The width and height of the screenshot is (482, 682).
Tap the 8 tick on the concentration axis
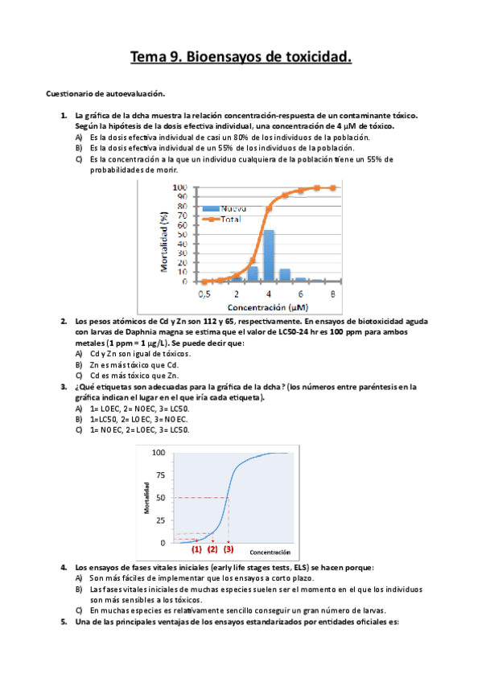(x=333, y=294)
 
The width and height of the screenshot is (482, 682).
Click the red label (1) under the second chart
(x=196, y=549)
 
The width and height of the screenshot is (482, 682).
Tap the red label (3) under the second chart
(x=229, y=549)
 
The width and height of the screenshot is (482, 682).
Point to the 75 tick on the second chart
(x=160, y=475)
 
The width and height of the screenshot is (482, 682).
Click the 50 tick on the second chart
(x=160, y=498)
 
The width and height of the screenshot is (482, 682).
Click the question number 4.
(x=64, y=568)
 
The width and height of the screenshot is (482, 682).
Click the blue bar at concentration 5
(x=284, y=274)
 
